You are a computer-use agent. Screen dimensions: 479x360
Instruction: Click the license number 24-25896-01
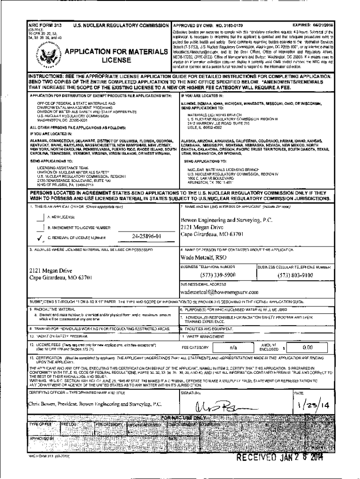click(x=147, y=236)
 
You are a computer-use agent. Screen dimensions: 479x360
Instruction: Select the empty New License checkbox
click(x=40, y=217)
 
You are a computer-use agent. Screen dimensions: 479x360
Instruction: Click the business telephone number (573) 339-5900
click(x=217, y=275)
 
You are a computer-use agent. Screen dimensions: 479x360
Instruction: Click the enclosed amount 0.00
click(x=307, y=348)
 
